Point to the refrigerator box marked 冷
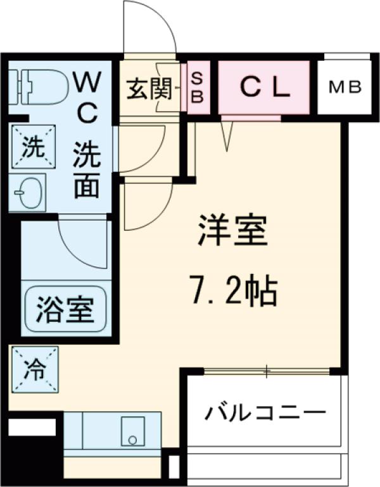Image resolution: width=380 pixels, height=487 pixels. (33, 369)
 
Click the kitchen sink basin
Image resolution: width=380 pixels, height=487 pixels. (133, 430)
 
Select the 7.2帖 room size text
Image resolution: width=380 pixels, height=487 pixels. (233, 291)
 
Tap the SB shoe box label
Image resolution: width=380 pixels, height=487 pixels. (197, 88)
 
